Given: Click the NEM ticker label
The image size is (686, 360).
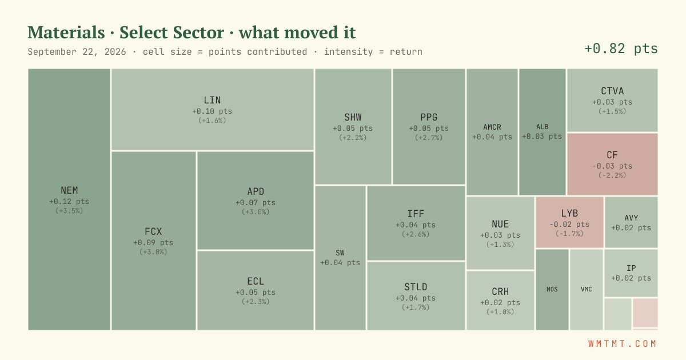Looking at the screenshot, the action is point(69,190).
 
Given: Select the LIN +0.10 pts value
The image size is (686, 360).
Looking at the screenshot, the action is point(212,111).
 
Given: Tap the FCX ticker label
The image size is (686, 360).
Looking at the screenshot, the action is point(153,231).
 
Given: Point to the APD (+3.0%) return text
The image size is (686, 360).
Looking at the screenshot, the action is point(256,212).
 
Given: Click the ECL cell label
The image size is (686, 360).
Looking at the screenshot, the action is point(256,281).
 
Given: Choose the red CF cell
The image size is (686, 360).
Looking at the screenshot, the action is point(612,164).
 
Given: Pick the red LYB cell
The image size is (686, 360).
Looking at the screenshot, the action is point(569,222).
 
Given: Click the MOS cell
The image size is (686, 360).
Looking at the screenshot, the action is point(552,289).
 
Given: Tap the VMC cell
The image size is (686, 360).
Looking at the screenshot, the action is point(587,289).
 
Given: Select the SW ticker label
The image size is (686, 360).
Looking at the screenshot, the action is point(340,253).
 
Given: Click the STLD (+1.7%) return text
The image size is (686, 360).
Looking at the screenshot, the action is point(416,307).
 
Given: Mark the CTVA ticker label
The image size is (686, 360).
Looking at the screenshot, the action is point(612,91).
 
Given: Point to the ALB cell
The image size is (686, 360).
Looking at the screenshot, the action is point(543,131).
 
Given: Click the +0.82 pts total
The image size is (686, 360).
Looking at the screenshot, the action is point(621,49).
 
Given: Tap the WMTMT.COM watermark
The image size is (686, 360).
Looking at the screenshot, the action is point(623,344).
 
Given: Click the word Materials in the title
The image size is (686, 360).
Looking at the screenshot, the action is point(66,33).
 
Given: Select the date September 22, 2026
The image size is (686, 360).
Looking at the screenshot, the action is point(77,52).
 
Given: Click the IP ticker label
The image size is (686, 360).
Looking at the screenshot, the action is point(631,268).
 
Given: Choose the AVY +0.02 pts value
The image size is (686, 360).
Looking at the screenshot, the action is point(631,228).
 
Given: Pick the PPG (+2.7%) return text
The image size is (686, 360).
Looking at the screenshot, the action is point(429,138).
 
